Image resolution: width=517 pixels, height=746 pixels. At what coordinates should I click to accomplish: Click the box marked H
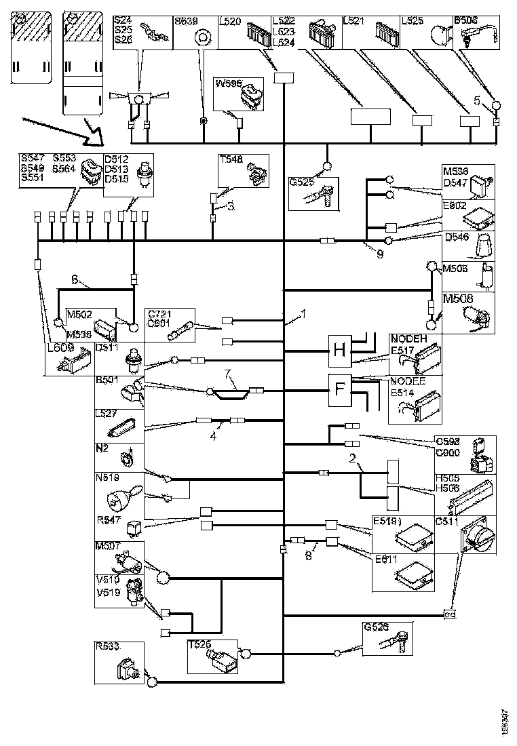click(341, 351)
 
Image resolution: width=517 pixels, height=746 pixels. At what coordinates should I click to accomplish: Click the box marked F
click(341, 390)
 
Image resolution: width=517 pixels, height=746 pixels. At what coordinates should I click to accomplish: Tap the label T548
click(230, 161)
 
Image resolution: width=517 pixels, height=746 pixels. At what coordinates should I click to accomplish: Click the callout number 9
click(379, 255)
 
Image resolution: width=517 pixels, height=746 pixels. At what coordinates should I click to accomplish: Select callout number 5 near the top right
click(478, 100)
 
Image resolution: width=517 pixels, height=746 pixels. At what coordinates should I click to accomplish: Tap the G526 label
click(375, 627)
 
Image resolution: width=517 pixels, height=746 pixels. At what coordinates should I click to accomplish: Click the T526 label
click(199, 646)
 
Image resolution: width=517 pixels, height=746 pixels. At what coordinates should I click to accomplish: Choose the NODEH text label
click(407, 339)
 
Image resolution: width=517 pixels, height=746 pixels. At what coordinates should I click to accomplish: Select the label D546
click(455, 237)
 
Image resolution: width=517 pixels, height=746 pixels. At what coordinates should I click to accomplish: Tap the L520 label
click(232, 22)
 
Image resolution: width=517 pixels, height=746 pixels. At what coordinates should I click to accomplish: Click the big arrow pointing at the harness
click(61, 132)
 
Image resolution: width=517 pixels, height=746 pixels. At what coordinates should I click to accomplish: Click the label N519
click(107, 477)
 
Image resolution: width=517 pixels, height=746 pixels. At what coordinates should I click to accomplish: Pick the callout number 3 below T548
click(230, 207)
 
